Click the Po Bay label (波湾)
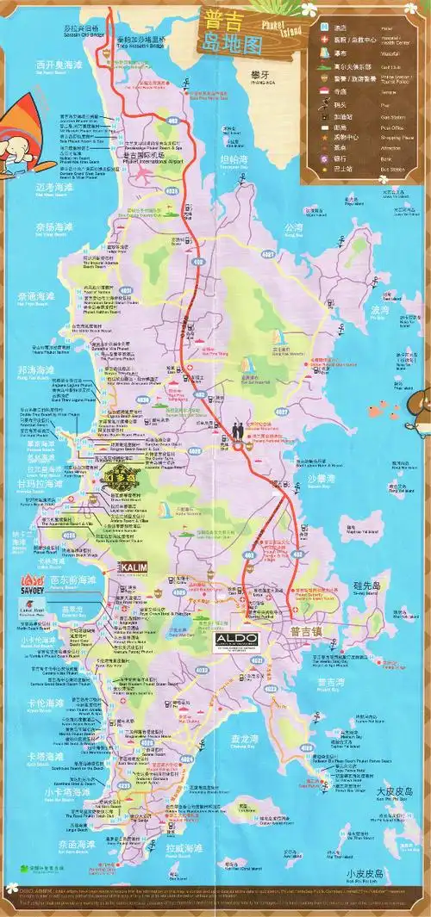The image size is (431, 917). [x=378, y=310]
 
